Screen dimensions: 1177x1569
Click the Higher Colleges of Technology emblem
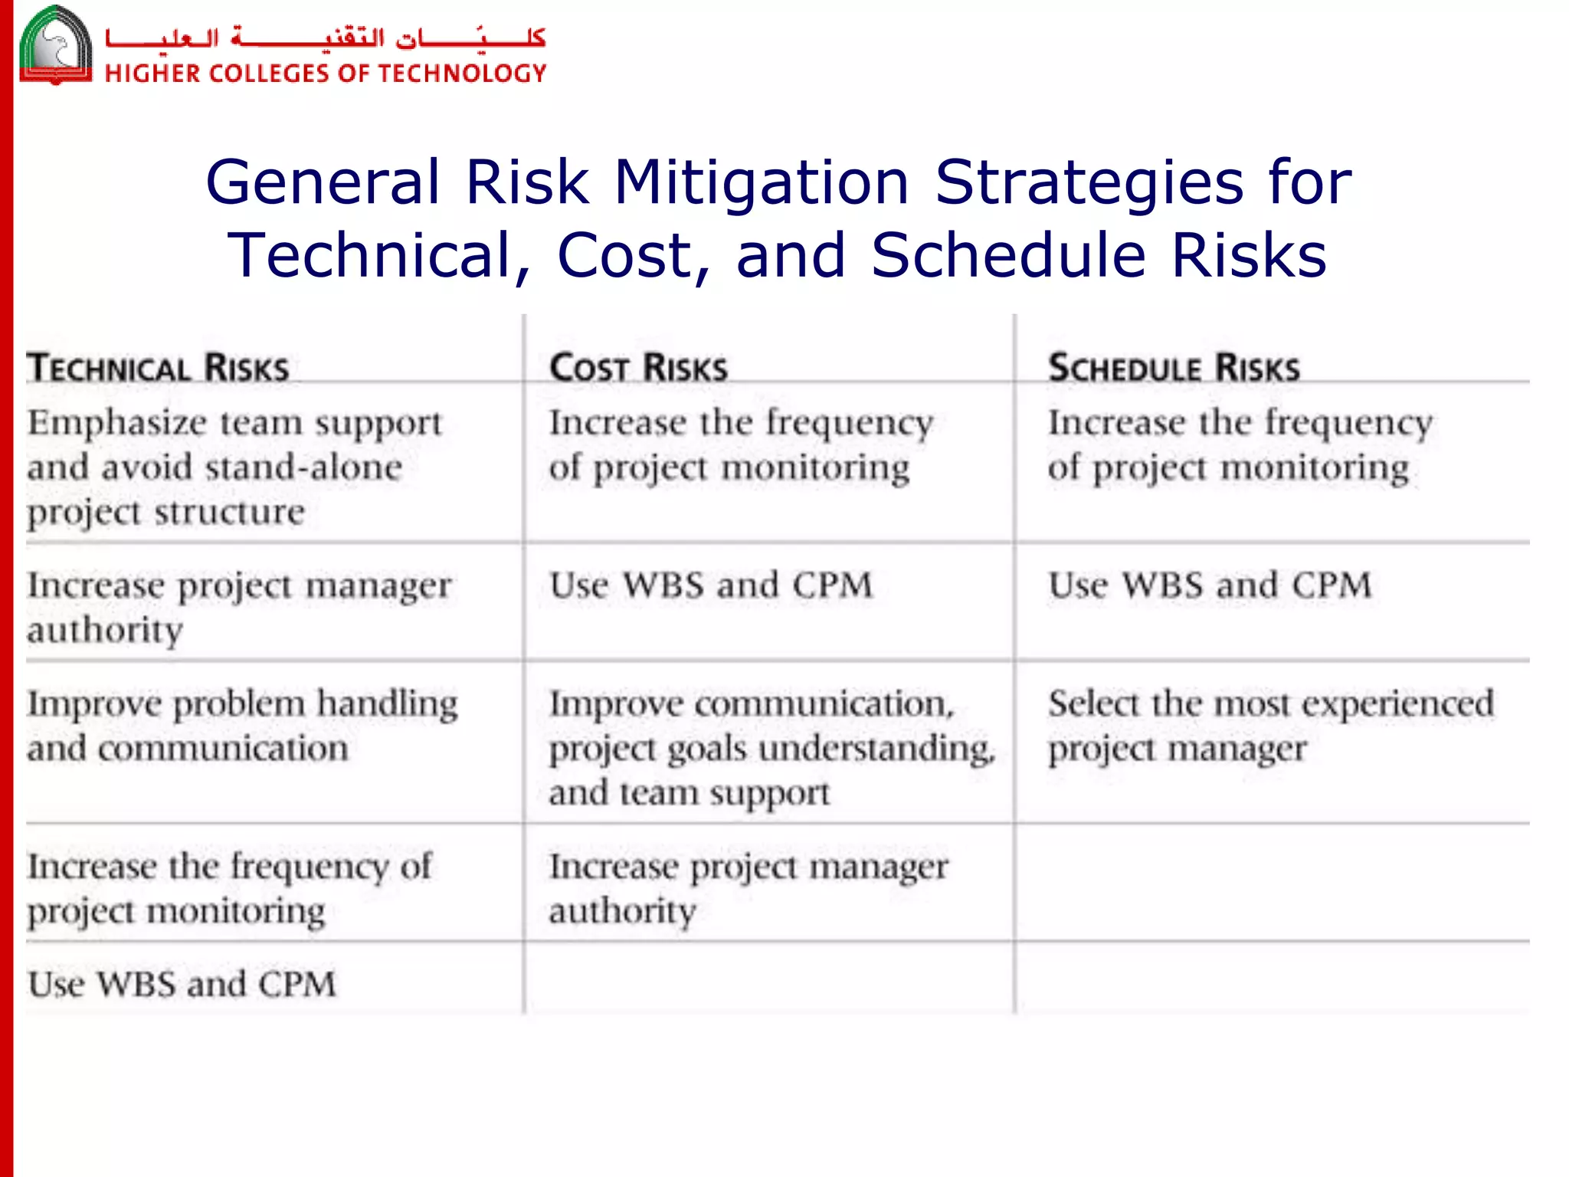click(x=56, y=44)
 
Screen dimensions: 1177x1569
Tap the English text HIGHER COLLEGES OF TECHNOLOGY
click(x=326, y=74)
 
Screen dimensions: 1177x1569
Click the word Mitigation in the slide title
click(x=762, y=182)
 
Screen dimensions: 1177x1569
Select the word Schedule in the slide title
click(x=1008, y=255)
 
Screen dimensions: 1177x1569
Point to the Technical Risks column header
click(x=159, y=368)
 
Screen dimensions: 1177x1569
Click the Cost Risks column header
click(x=638, y=368)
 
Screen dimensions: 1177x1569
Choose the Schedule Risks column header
click(x=1174, y=368)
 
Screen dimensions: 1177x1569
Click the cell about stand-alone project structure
click(x=234, y=466)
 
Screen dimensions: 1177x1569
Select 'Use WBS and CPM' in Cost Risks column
click(x=710, y=585)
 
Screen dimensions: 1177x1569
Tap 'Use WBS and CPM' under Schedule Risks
click(x=1209, y=585)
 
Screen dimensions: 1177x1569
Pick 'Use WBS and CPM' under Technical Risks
click(x=182, y=984)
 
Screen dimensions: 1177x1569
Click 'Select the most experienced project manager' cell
click(x=1270, y=725)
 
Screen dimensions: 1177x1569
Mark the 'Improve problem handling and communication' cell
click(x=241, y=725)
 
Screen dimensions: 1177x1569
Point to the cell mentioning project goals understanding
click(x=771, y=747)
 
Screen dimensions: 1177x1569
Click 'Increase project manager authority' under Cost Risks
click(x=748, y=888)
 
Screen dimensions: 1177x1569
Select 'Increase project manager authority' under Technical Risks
click(x=238, y=607)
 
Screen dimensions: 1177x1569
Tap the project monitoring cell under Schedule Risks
click(x=1240, y=444)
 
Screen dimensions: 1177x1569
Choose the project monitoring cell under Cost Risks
click(x=740, y=444)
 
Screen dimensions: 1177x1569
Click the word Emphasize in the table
click(x=117, y=423)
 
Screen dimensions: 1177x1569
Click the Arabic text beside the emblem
click(x=326, y=38)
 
